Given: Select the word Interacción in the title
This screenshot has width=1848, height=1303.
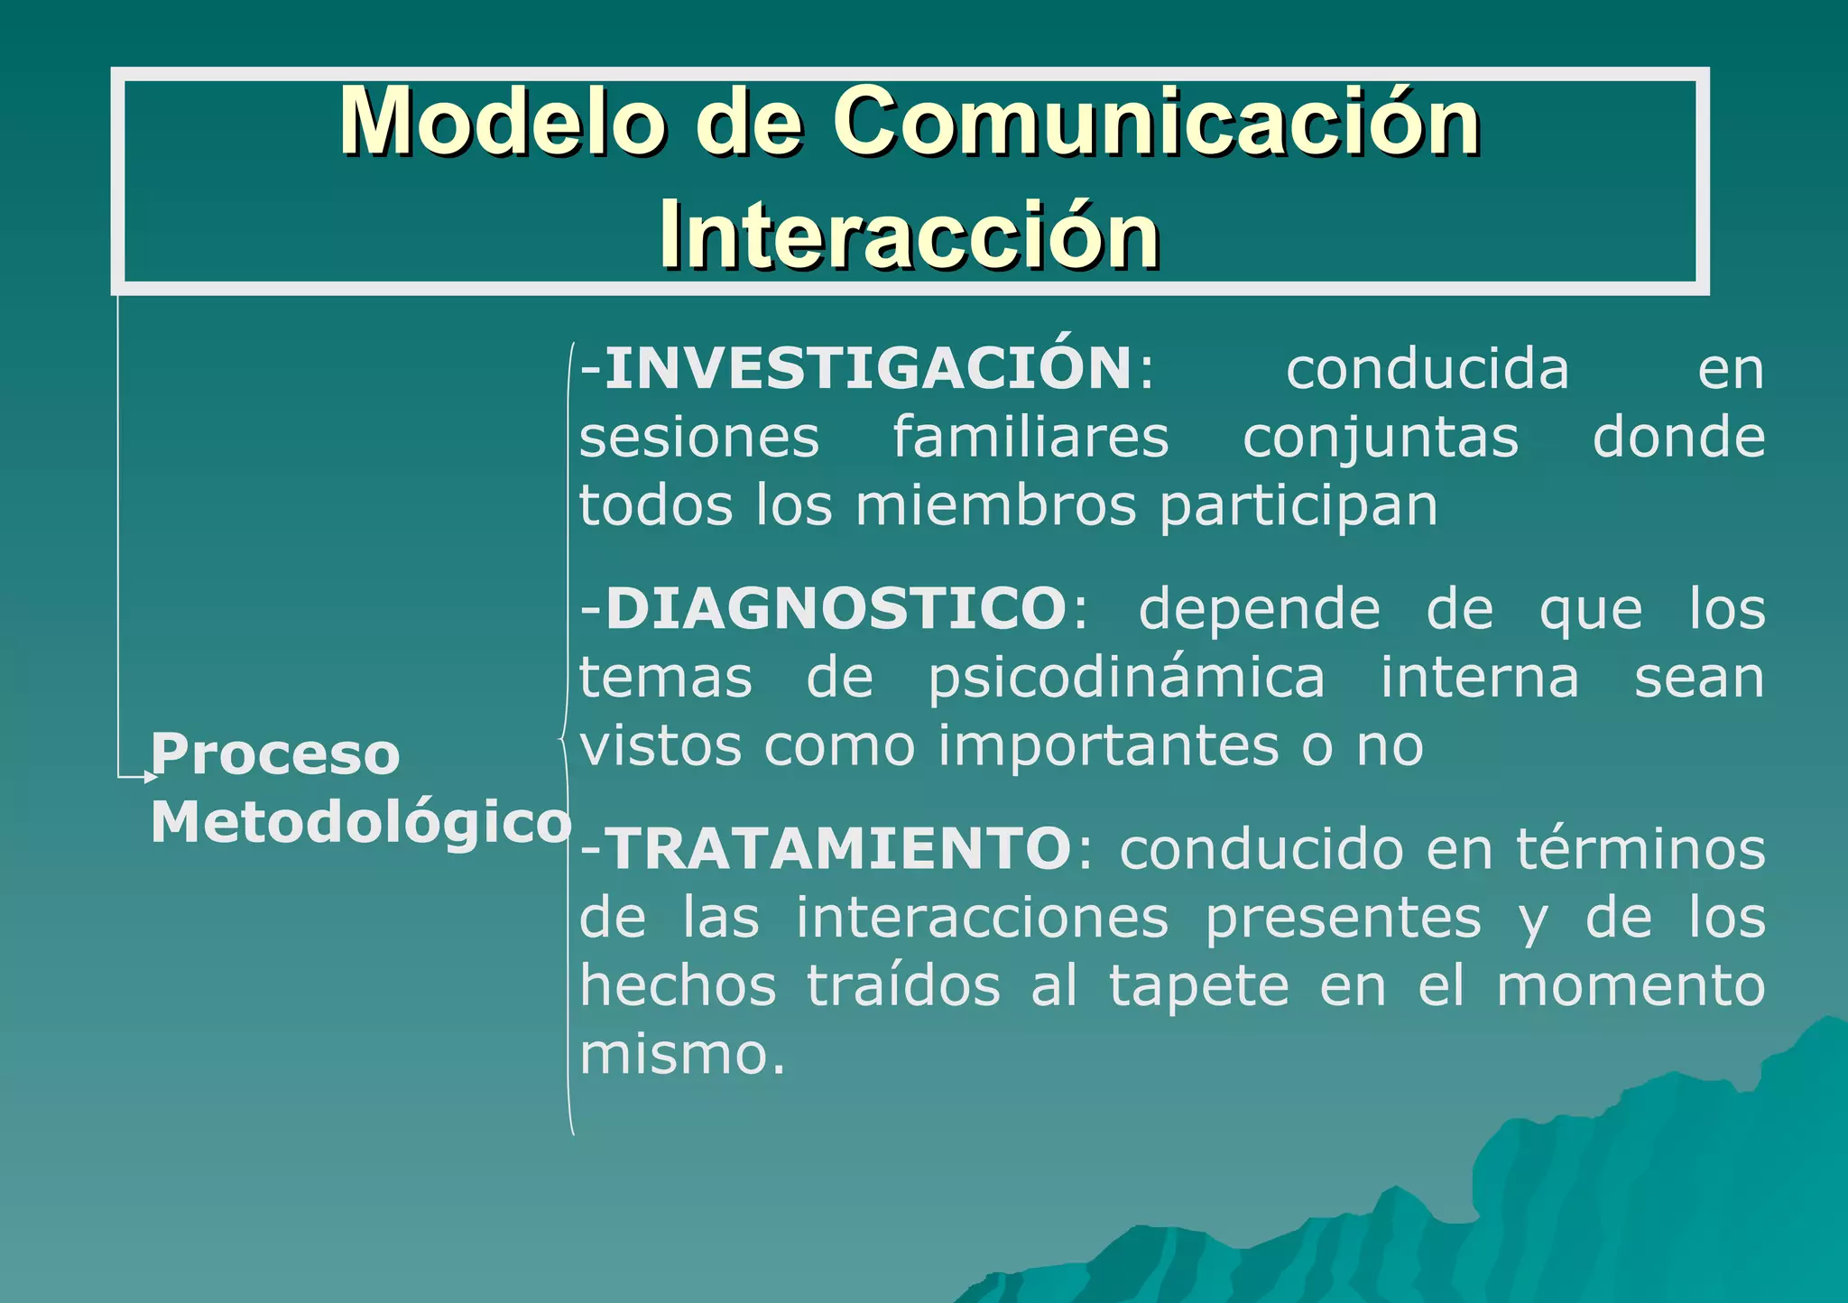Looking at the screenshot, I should (910, 235).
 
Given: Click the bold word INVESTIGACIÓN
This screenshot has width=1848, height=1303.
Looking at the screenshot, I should (868, 369).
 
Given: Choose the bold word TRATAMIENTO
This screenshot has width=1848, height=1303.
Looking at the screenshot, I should (840, 849).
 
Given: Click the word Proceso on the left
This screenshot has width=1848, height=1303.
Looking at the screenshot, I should (274, 754).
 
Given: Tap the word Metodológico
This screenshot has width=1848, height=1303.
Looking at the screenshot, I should (360, 823).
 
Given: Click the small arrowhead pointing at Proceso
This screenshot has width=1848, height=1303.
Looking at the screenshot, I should (151, 776).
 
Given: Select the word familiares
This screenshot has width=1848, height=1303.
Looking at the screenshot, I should (1030, 438).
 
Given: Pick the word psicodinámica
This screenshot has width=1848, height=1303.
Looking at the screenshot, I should (1127, 679).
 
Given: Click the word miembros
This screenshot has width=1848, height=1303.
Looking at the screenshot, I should (995, 506).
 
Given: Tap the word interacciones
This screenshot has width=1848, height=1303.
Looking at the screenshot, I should (982, 918).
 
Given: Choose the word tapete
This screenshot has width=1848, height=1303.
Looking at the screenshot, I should (1198, 986).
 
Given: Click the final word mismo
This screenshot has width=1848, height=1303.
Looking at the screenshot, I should (681, 1054).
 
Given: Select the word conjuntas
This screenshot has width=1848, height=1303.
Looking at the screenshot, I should (1380, 439).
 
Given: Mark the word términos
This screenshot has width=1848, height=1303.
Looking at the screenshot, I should (1640, 849).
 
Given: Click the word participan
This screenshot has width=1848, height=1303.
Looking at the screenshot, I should (1298, 508).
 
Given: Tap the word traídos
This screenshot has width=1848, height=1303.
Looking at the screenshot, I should (903, 985).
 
